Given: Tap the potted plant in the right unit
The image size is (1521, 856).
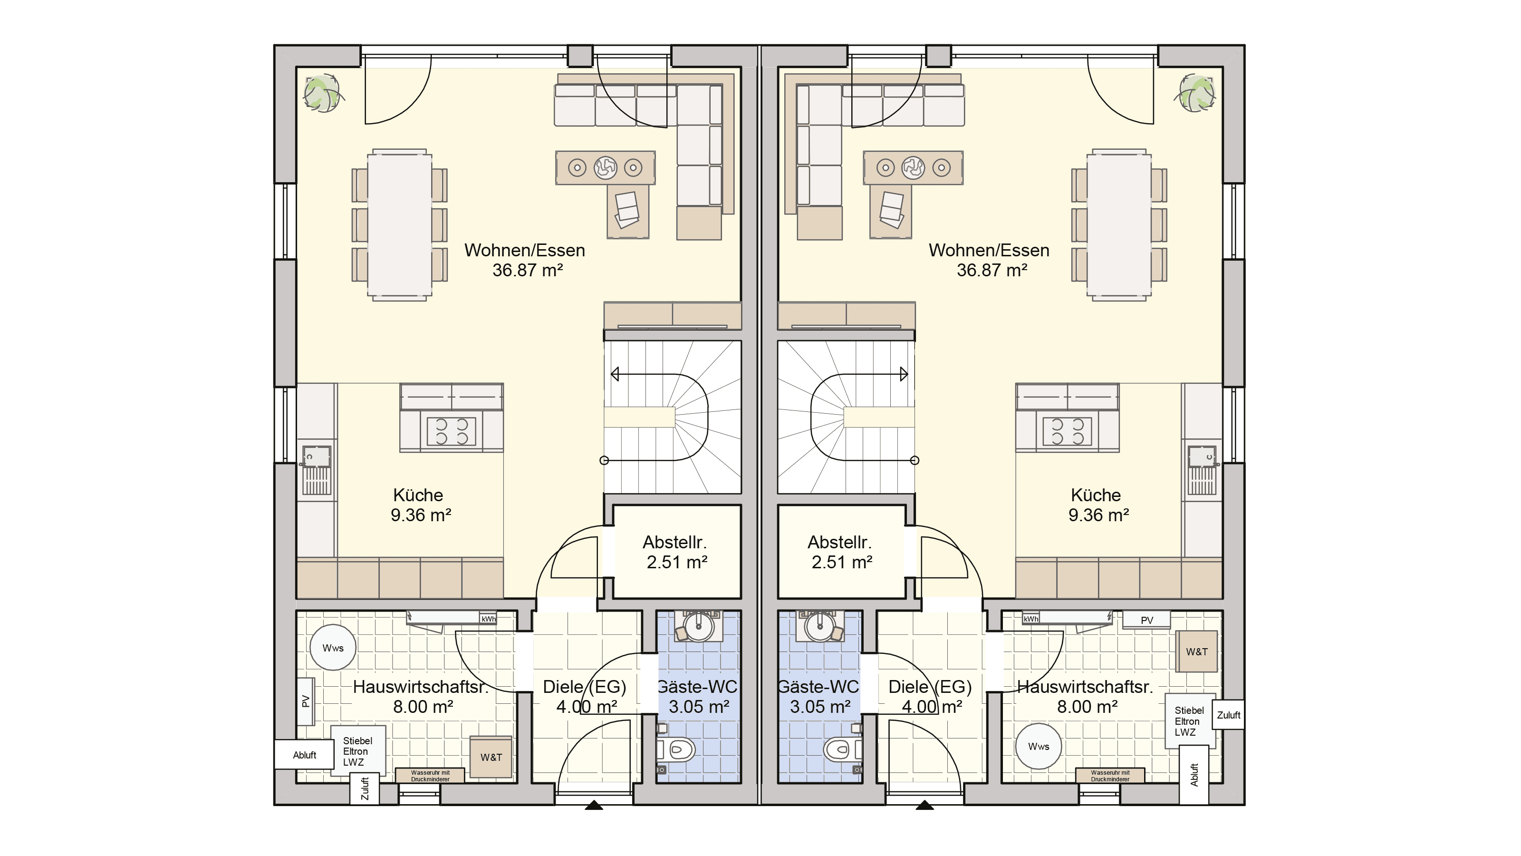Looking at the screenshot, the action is (x=1197, y=93).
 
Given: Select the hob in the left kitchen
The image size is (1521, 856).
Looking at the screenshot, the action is (x=451, y=431).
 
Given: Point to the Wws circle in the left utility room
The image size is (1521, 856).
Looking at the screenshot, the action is (x=333, y=648).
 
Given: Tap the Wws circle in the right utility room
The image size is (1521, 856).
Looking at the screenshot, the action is (x=1039, y=746).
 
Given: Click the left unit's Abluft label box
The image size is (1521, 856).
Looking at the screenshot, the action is (x=305, y=755).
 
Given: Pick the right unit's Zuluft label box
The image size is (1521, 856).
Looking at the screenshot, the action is (x=1229, y=715).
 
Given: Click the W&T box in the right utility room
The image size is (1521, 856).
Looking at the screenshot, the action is (x=1197, y=652).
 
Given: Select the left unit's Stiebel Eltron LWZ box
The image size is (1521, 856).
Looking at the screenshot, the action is (x=358, y=751).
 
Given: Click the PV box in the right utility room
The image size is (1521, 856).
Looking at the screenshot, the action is (x=1146, y=620).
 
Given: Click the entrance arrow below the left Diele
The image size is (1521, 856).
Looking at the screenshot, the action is (x=594, y=805).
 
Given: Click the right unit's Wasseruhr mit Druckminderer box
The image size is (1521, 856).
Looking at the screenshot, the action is (x=1110, y=776).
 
